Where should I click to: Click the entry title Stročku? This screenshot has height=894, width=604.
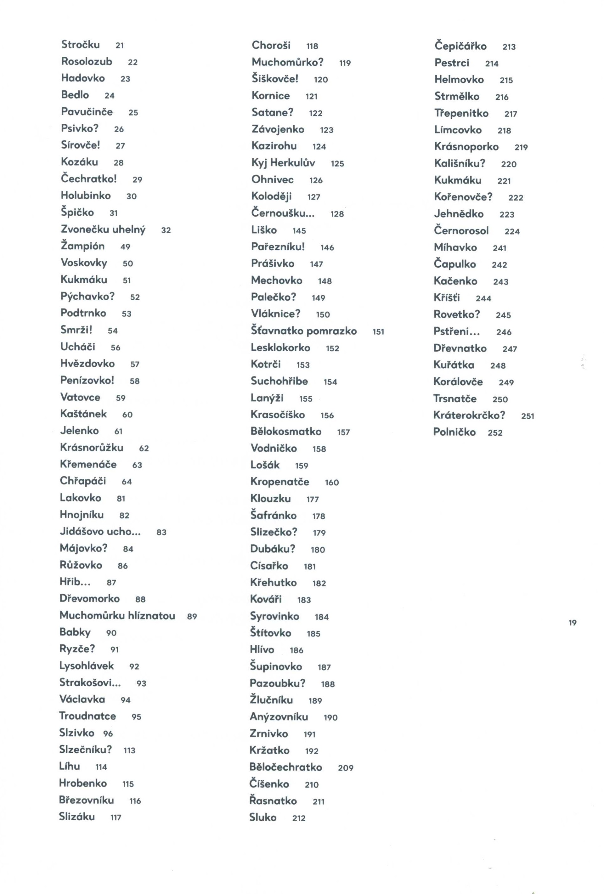click(80, 45)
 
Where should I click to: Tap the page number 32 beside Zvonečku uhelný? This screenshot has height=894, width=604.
click(166, 230)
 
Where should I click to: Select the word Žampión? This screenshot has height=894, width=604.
click(83, 246)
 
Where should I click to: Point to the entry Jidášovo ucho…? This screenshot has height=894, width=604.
click(100, 531)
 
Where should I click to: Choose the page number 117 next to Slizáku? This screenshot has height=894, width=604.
click(116, 818)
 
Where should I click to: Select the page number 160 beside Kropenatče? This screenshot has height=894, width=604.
click(332, 482)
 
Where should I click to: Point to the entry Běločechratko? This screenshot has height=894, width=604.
click(285, 767)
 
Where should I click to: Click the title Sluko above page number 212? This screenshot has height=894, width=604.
click(263, 818)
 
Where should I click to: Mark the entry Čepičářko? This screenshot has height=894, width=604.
click(460, 46)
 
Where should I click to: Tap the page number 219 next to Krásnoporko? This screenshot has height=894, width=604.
click(521, 147)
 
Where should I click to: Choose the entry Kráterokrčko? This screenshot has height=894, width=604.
click(469, 416)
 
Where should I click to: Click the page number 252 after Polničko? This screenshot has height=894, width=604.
click(495, 433)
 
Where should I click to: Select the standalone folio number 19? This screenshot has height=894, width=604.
click(573, 623)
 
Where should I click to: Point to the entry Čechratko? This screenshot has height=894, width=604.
click(89, 179)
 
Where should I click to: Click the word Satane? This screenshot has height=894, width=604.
click(272, 112)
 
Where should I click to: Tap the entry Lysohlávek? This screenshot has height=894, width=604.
click(87, 666)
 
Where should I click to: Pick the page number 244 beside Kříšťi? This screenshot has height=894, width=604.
click(483, 298)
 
